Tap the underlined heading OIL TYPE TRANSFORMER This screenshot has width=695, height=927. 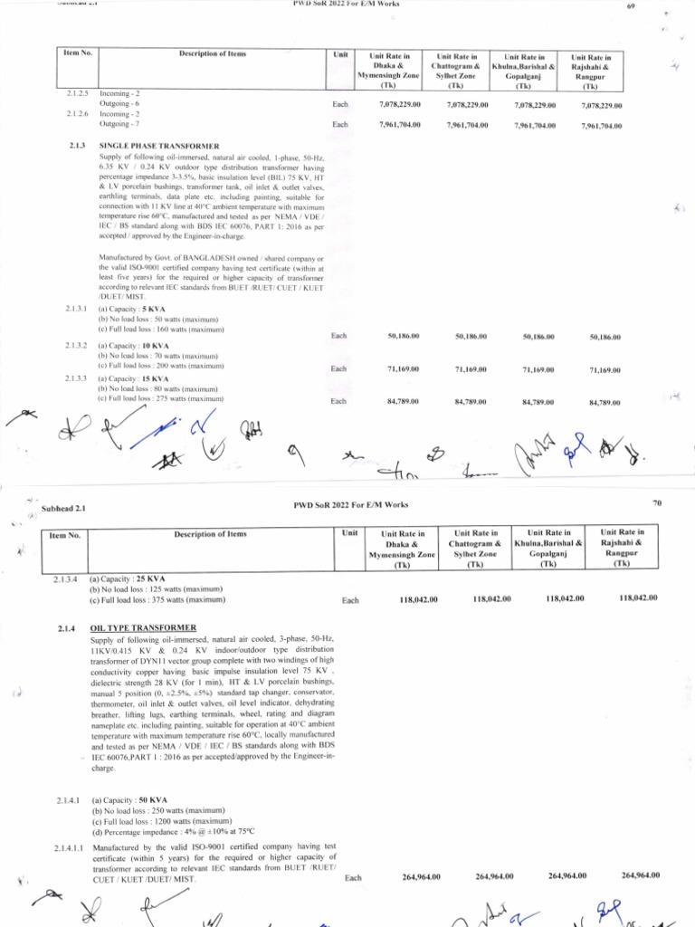click(143, 627)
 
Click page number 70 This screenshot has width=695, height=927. click(656, 502)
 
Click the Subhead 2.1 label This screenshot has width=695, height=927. click(62, 510)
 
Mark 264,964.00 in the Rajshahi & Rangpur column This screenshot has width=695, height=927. click(641, 875)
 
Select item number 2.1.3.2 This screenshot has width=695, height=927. click(77, 346)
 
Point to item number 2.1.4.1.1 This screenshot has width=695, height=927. click(66, 847)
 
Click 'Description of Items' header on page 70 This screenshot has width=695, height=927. click(209, 535)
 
